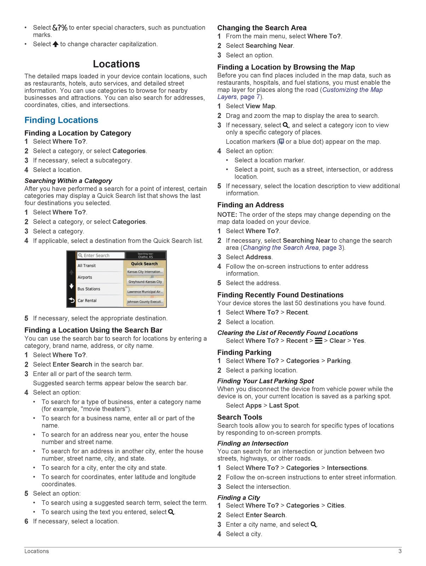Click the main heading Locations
coord(116,64)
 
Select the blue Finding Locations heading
coord(61,120)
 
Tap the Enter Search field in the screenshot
coord(101,255)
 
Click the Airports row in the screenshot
coord(85,277)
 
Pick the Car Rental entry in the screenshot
coord(87,301)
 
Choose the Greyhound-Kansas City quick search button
coord(145,282)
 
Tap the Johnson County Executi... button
coord(145,302)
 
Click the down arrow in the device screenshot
coord(71,286)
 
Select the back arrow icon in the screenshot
coord(71,300)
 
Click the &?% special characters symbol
coord(60,28)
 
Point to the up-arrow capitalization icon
coord(56,44)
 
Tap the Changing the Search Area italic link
coord(281,248)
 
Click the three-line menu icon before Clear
coord(318,341)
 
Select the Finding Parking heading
coord(244,352)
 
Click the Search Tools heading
coord(240,417)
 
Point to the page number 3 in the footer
coord(400,551)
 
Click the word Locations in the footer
coord(36,551)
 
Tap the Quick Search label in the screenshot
coord(144,264)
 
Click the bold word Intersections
coord(347,468)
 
